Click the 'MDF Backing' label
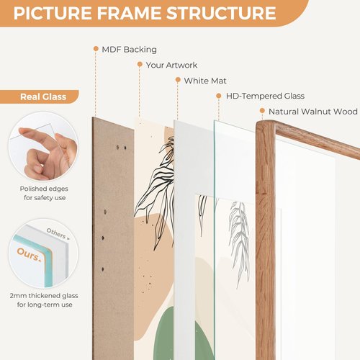129,50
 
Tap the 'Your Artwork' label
171,65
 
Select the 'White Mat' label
205,81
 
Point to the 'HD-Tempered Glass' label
265,96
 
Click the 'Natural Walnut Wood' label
313,112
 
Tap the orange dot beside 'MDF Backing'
96,49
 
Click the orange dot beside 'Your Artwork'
140,64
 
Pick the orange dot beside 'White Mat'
178,80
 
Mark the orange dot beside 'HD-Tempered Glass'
219,96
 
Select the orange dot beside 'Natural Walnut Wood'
262,111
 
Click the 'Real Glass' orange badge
39,96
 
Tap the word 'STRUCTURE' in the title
221,13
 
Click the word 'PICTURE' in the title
53,13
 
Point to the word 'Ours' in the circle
28,254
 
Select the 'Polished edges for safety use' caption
44,193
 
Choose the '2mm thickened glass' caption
44,295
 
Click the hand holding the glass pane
48,153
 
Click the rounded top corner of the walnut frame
261,125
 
